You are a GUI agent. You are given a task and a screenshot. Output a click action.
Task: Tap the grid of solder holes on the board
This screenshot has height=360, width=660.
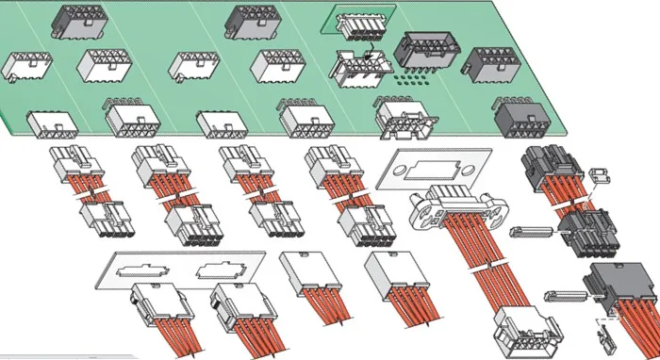pyautogui.click(x=415, y=82)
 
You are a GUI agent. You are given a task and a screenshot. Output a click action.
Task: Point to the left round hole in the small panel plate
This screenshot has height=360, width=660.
pyautogui.click(x=394, y=172)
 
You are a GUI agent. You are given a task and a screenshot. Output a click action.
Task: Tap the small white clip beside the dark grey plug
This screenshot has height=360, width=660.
pyautogui.click(x=598, y=175)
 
